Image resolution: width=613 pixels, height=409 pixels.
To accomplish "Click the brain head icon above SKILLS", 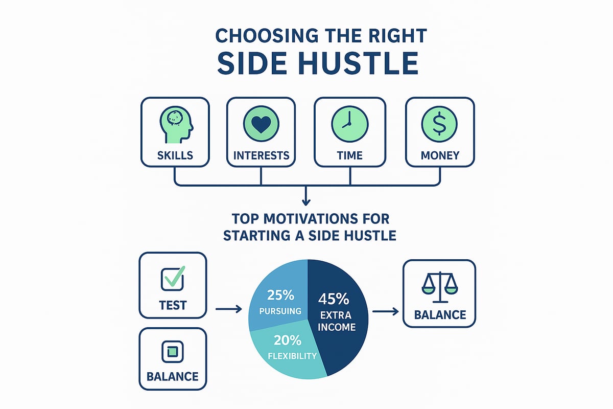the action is tap(176, 125).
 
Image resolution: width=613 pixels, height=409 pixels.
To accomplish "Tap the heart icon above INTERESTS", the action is tap(261, 124).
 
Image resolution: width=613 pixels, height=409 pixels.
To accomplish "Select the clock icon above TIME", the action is tap(350, 124).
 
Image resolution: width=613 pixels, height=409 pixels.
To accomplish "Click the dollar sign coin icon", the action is tap(439, 124).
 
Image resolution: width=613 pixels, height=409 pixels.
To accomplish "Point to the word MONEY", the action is tap(440, 155).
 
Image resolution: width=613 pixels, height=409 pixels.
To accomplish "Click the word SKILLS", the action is tap(175, 155).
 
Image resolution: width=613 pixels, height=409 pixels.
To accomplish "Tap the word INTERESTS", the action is tap(261, 155).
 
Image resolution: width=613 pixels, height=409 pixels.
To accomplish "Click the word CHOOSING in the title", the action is tap(267, 36).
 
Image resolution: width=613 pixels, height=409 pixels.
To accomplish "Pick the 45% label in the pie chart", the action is tap(334, 299).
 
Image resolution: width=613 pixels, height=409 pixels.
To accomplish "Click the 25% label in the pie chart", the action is tap(280, 296).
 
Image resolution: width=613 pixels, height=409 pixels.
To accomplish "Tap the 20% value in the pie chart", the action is tap(287, 340).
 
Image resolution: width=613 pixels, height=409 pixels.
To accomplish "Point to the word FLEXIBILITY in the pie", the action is tap(292, 356).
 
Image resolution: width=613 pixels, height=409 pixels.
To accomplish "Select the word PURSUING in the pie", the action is tap(280, 311).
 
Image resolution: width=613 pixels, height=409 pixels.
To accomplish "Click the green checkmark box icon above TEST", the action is tap(173, 278).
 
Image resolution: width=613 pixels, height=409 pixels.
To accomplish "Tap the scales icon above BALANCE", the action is tap(439, 287).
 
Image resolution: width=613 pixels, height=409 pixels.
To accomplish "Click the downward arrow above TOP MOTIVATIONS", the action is tap(306, 196).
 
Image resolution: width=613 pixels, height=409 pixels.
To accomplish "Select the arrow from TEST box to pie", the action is tap(229, 309).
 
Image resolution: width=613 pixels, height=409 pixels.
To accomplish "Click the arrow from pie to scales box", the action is tap(385, 311).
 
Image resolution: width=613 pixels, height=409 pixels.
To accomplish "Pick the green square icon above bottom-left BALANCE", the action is tap(173, 351).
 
